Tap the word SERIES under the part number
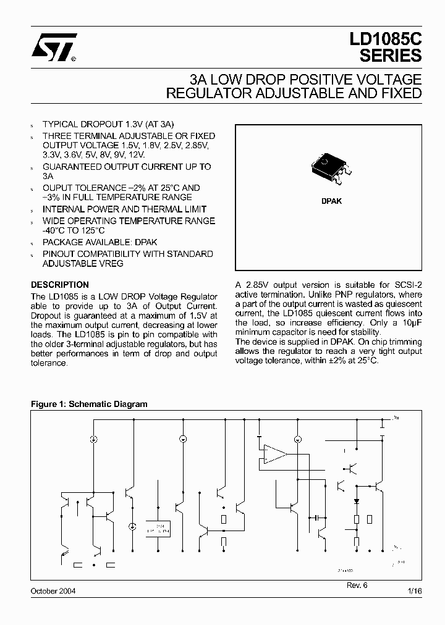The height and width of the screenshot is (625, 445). click(x=391, y=56)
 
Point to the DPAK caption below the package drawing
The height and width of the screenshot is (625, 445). click(x=331, y=201)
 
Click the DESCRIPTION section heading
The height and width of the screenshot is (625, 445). click(x=60, y=285)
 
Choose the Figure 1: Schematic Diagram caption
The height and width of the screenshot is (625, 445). click(x=90, y=404)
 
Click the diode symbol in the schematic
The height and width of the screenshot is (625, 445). click(x=357, y=500)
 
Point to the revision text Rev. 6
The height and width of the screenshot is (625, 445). click(x=356, y=584)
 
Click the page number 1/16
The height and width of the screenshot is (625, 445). click(x=414, y=591)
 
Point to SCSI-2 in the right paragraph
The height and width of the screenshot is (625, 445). click(x=408, y=285)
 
